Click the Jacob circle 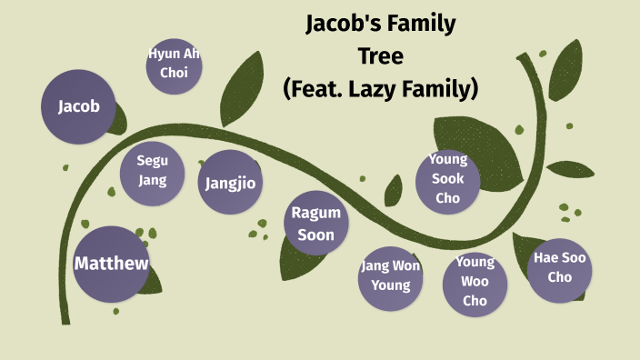pyautogui.click(x=79, y=106)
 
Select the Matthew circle pyautogui.click(x=111, y=265)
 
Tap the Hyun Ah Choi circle pyautogui.click(x=174, y=65)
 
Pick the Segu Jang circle pyautogui.click(x=152, y=171)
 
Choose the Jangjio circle pyautogui.click(x=230, y=183)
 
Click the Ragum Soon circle pyautogui.click(x=315, y=225)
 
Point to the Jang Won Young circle pyautogui.click(x=391, y=275)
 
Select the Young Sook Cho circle pyautogui.click(x=447, y=179)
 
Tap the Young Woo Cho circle pyautogui.click(x=475, y=283)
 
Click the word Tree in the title pyautogui.click(x=380, y=56)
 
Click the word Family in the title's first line pyautogui.click(x=422, y=24)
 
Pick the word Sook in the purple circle pyautogui.click(x=447, y=178)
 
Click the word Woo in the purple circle pyautogui.click(x=475, y=282)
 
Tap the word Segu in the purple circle pyautogui.click(x=153, y=161)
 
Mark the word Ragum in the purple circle pyautogui.click(x=315, y=215)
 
